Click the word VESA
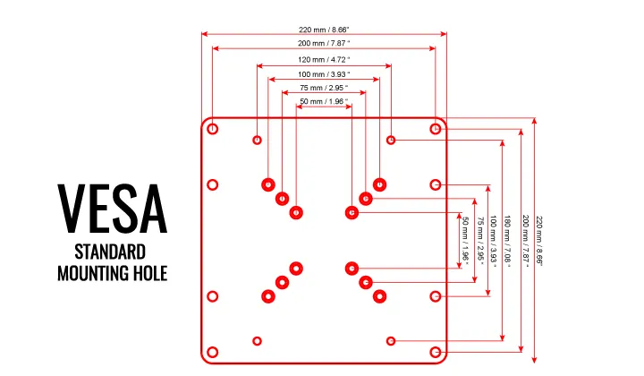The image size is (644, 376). click(112, 209)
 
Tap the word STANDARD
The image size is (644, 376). click(110, 252)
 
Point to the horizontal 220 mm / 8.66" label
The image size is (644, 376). click(324, 30)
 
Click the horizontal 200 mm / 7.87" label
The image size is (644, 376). click(324, 43)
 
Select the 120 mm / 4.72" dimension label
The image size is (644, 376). click(324, 60)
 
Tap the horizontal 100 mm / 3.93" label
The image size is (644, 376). click(324, 74)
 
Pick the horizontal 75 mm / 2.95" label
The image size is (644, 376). click(324, 88)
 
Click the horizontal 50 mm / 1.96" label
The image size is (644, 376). click(324, 101)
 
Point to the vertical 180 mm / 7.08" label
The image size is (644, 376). click(507, 241)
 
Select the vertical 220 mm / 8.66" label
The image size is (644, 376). click(538, 241)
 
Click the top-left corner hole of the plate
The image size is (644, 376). click(212, 129)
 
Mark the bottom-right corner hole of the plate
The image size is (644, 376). click(436, 352)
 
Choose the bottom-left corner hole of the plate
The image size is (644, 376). click(212, 352)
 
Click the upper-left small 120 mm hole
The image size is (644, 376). click(257, 141)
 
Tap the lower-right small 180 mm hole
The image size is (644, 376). click(391, 341)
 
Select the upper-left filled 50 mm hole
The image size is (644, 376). click(296, 213)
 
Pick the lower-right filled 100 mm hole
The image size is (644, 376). click(379, 296)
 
